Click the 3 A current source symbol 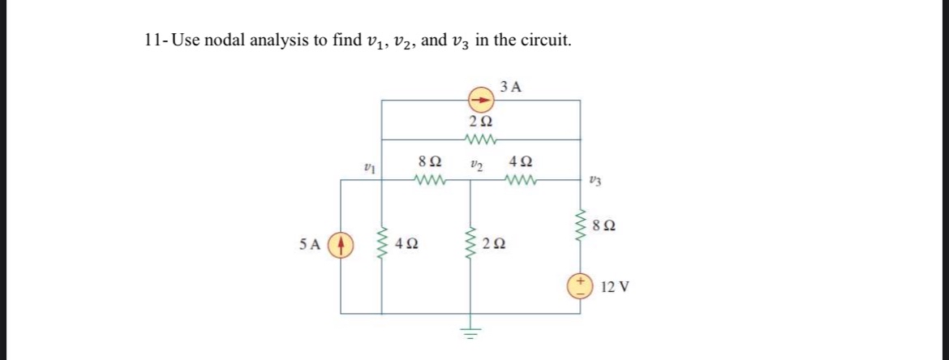(479, 101)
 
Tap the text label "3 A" (511, 84)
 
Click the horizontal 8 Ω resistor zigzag (427, 180)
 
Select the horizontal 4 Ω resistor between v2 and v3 (519, 180)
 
